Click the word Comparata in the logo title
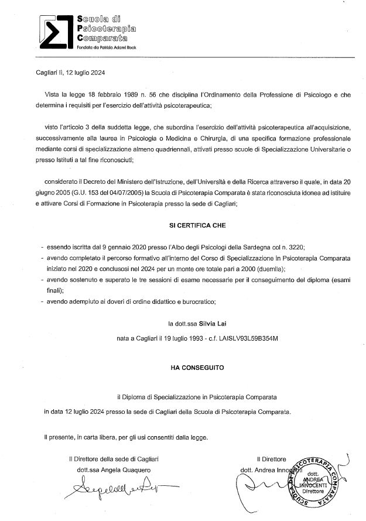(102, 38)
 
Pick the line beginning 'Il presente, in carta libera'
(125, 437)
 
